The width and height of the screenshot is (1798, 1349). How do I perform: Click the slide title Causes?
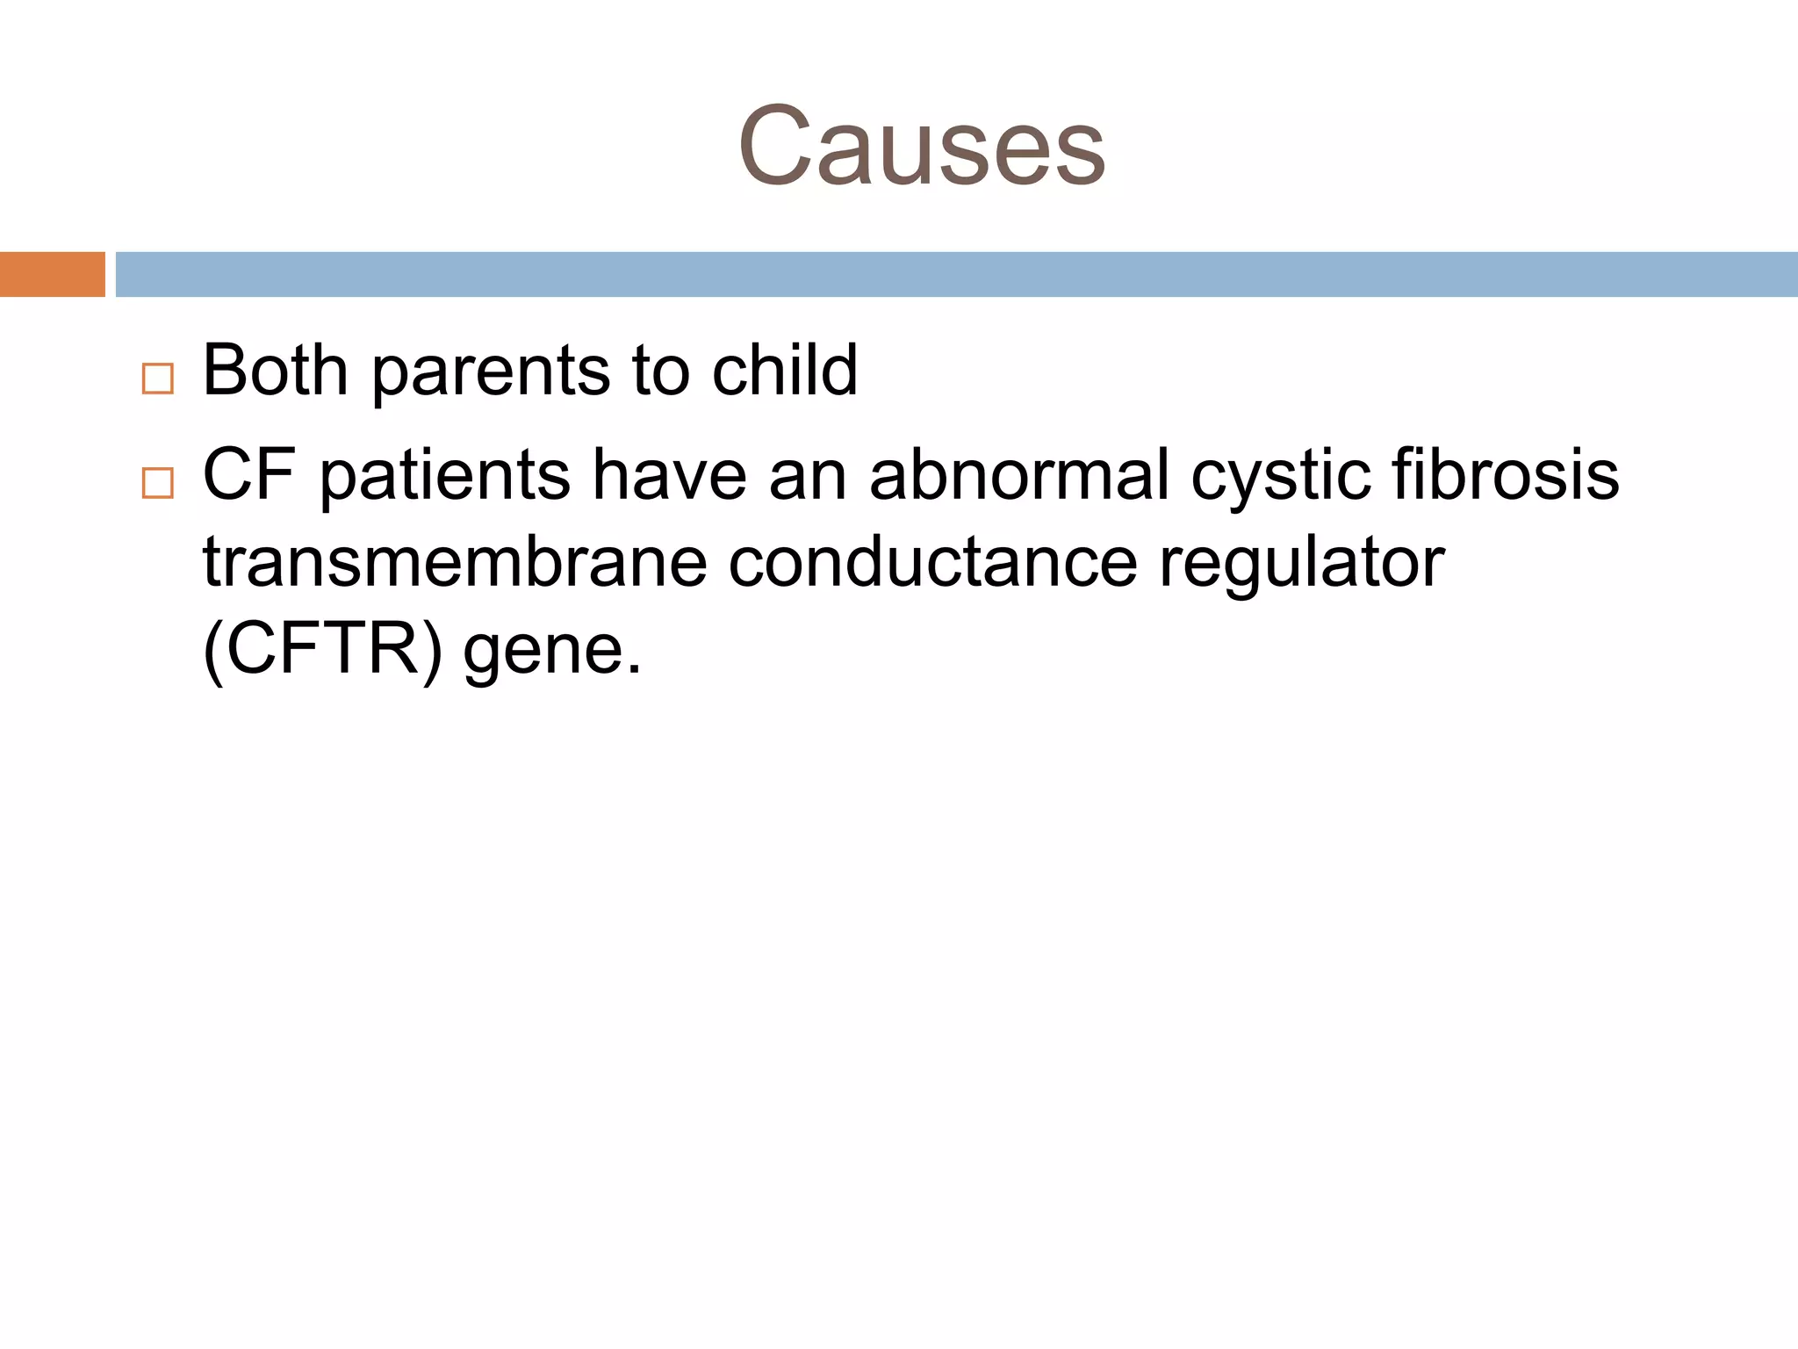coord(921,147)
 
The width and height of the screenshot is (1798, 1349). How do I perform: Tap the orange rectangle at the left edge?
coord(52,274)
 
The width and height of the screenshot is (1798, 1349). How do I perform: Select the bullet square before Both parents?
coord(157,379)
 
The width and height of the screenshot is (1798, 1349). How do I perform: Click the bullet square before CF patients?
coord(157,483)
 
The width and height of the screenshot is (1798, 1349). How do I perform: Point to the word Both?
coord(275,370)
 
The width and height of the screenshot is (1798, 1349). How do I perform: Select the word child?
coord(784,370)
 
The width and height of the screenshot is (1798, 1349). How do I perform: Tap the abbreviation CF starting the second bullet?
coord(249,474)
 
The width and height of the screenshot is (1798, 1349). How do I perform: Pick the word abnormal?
coord(1019,474)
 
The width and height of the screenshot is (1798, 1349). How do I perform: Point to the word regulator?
coord(1301,565)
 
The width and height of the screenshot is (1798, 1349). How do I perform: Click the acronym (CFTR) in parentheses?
coord(323,651)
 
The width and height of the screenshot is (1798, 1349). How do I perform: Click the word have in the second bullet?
coord(669,474)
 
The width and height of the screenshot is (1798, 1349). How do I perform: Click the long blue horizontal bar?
coord(956,274)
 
